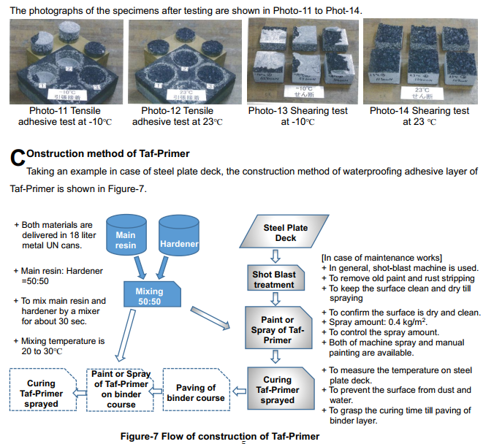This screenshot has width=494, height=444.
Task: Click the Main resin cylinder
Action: click(126, 235)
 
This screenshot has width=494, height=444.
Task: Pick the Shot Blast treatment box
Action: click(275, 280)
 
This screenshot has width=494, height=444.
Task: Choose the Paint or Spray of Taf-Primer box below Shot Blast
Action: click(277, 329)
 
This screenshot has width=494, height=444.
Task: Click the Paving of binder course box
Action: click(196, 393)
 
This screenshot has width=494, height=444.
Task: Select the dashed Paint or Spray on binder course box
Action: click(118, 388)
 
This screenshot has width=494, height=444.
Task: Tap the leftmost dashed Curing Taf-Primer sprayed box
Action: click(41, 393)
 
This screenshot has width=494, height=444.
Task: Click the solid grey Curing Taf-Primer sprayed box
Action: click(277, 390)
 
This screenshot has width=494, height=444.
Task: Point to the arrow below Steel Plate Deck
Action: click(275, 256)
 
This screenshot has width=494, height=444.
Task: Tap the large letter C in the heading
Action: click(18, 158)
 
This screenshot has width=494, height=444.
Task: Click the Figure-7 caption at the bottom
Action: click(220, 436)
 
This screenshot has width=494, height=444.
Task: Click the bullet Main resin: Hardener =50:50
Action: click(58, 276)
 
